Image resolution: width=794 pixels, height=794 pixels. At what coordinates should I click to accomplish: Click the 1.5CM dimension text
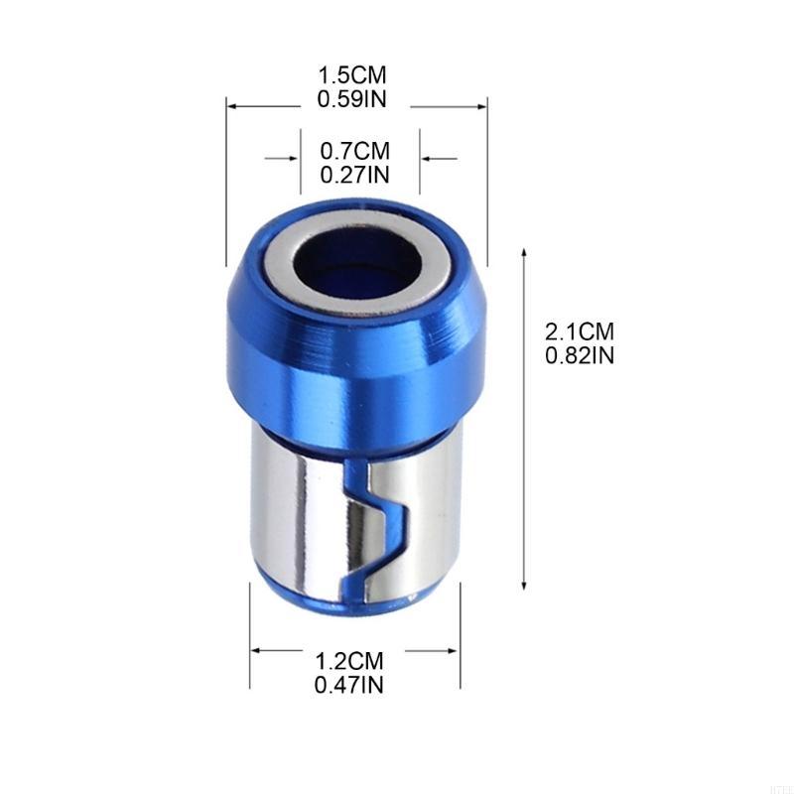351,75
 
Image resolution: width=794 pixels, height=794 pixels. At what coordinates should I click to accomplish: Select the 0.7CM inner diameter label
354,152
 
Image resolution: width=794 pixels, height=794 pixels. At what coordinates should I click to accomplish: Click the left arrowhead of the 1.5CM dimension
231,103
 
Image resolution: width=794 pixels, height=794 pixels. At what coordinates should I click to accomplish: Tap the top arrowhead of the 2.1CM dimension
524,253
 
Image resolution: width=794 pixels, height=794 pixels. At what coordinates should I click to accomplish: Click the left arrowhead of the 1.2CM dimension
255,652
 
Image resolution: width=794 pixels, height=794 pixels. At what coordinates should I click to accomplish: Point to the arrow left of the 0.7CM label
295,158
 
